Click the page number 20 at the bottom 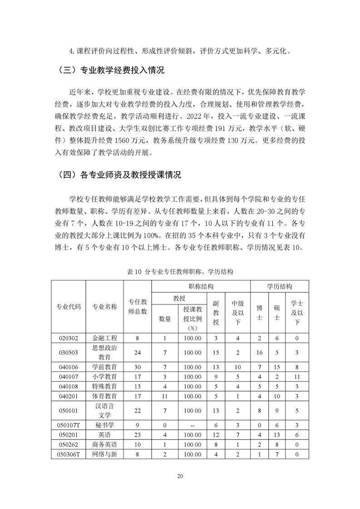point(180,476)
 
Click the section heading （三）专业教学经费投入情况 point(111,70)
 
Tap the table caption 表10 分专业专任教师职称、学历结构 point(180,271)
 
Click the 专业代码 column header point(68,306)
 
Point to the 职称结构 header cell point(201,286)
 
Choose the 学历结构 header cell point(279,286)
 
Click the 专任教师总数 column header point(137,306)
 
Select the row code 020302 point(68,338)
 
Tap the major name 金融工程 point(104,338)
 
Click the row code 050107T point(68,425)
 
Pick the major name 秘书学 point(104,425)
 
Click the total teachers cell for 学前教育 point(137,367)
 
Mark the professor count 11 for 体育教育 point(165,396)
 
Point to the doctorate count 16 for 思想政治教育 point(259,352)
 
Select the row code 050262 point(68,444)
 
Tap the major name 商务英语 point(104,444)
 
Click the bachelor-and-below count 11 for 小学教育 point(297,377)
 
